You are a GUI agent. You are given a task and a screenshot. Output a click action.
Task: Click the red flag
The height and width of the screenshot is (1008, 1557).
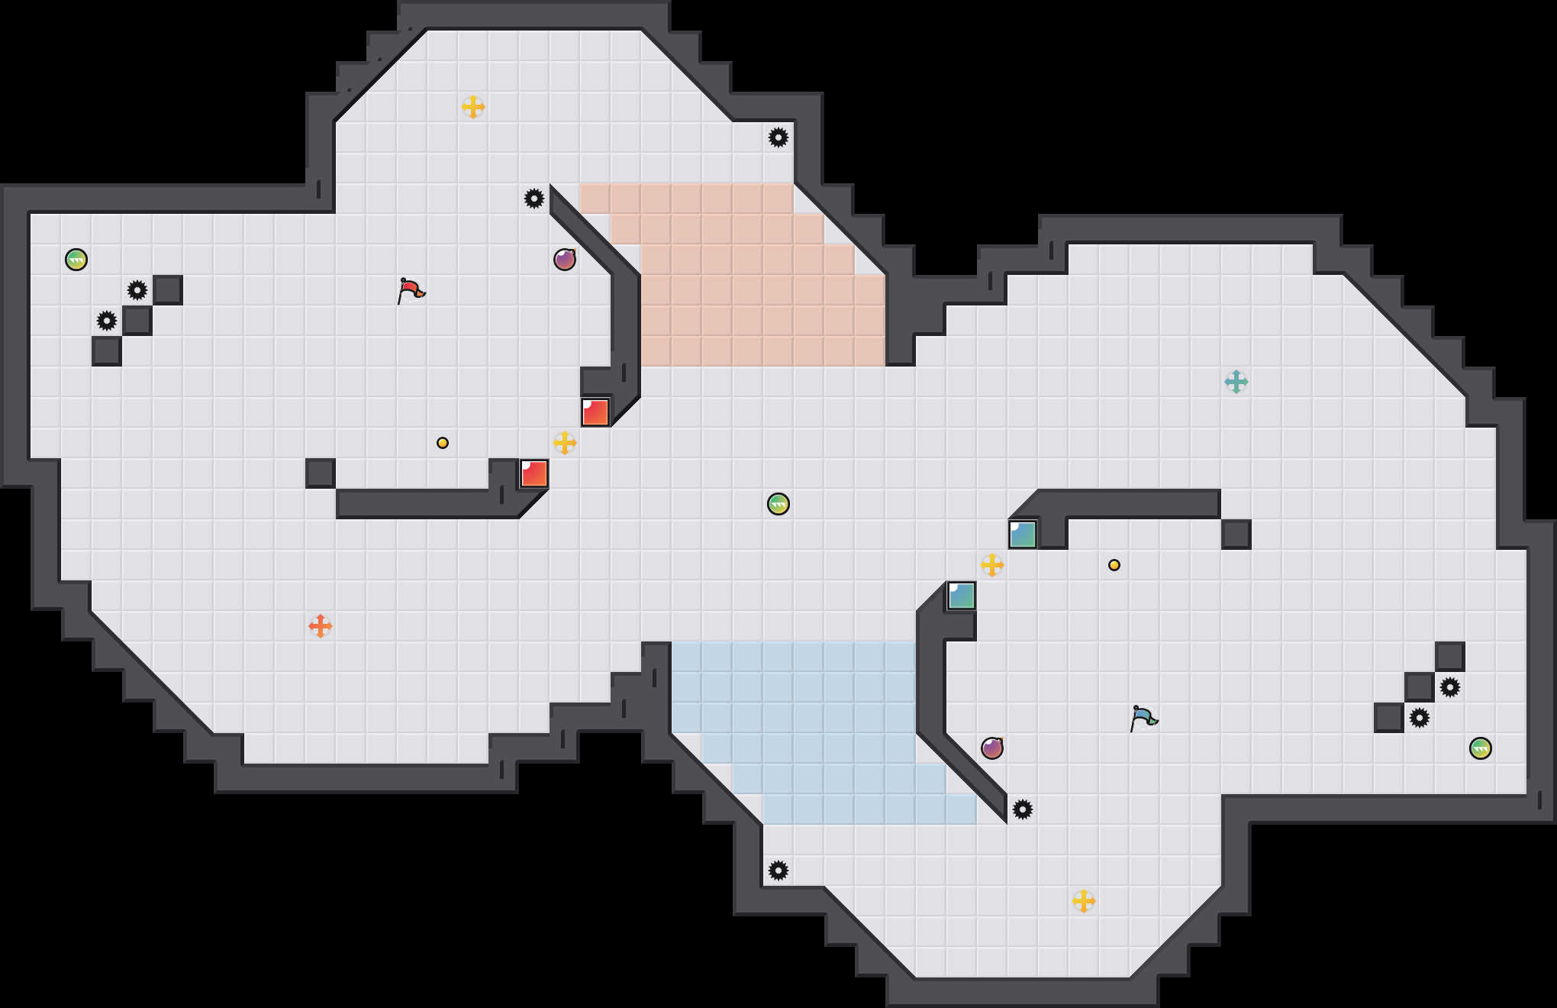411,290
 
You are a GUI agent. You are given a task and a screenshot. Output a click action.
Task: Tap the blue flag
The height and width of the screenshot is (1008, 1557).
1143,718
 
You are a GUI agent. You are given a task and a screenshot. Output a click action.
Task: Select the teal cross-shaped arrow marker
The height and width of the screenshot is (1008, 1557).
1236,382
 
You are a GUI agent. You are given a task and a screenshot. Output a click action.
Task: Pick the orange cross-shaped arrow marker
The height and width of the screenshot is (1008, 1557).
321,626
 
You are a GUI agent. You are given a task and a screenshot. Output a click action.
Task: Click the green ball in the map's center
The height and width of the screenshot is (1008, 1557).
778,504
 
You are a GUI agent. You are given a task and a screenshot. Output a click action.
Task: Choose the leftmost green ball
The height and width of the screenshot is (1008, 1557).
76,260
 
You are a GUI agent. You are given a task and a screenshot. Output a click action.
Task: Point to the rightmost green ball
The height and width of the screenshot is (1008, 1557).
1481,748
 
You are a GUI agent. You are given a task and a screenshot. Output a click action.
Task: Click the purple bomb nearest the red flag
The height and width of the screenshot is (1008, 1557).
565,260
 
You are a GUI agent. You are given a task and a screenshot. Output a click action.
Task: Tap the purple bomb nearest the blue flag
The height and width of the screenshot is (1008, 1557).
992,748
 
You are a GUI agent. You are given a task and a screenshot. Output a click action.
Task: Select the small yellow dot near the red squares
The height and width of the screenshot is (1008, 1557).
443,443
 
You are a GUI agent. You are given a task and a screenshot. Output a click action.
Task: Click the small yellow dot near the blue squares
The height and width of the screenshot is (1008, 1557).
1114,565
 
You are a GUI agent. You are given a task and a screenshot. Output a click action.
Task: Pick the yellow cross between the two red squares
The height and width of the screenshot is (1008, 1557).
565,443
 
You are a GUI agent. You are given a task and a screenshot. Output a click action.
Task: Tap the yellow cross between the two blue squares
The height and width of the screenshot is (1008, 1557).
992,565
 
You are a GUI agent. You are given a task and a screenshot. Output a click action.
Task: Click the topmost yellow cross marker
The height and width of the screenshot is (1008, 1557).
473,107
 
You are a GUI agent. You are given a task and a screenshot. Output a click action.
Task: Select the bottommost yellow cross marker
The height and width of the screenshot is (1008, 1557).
1084,901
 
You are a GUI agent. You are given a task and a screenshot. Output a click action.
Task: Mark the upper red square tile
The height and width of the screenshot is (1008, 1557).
595,412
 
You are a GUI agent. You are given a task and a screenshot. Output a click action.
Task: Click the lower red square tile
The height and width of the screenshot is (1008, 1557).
534,473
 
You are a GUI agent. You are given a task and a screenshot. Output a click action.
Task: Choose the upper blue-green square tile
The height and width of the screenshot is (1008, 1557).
1023,535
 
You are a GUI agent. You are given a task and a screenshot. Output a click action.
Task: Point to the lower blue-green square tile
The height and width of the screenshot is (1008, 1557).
962,596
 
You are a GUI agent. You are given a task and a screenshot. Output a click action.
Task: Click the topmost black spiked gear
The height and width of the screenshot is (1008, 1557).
778,137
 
